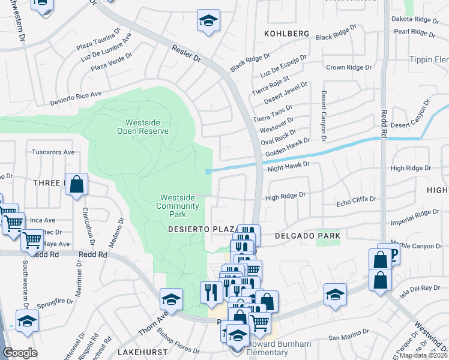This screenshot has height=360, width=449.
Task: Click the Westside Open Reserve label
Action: coord(143,127)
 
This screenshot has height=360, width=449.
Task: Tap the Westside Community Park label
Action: coord(178,206)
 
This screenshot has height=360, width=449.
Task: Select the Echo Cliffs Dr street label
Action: coord(356,199)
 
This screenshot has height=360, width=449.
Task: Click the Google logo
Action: coord(20,353)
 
